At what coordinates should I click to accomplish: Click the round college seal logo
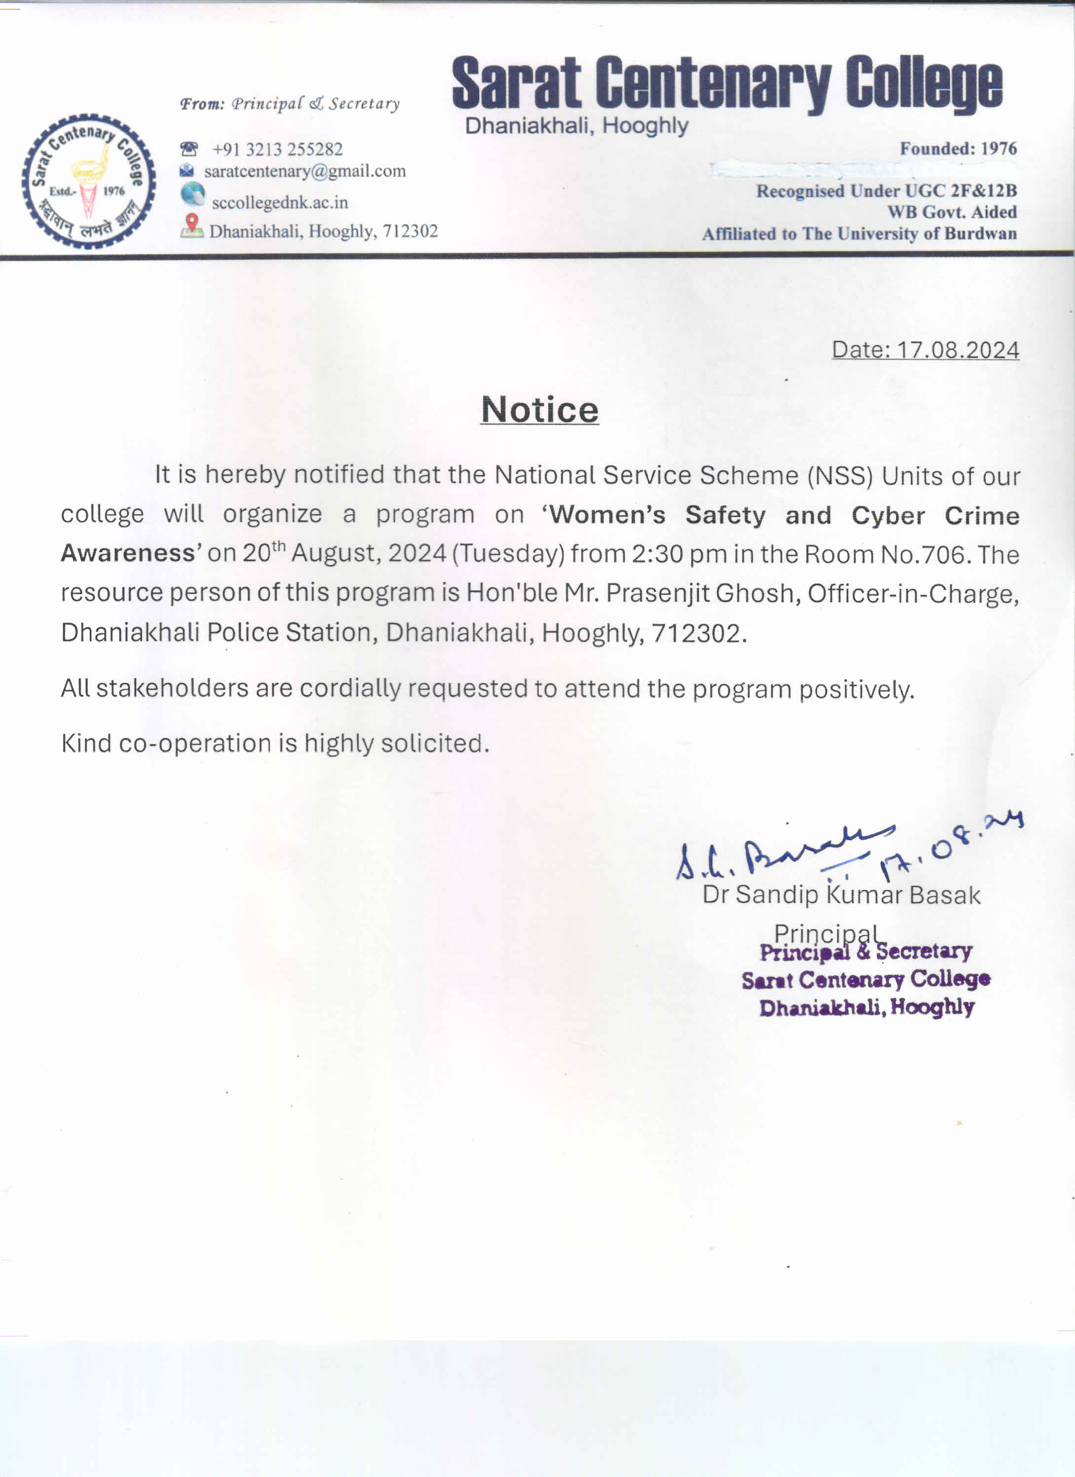(89, 181)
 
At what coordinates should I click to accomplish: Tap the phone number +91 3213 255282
(277, 149)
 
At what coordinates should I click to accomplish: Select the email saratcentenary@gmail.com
(305, 171)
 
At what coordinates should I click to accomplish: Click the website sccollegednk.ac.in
(280, 203)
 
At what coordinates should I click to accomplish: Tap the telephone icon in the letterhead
(189, 149)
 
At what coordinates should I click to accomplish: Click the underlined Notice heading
(539, 410)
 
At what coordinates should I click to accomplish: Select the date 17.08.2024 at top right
(958, 350)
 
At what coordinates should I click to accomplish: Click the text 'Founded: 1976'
(958, 148)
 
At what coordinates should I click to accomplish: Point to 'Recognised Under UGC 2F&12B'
(886, 191)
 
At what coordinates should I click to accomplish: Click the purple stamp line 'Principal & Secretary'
(865, 952)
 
